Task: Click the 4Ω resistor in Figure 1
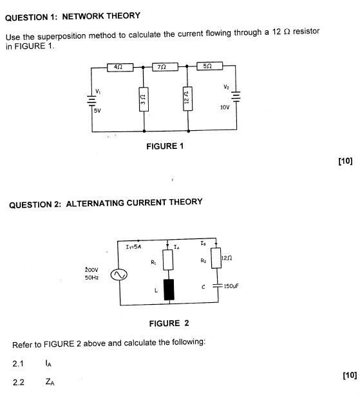click(120, 67)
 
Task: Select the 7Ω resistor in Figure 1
click(165, 67)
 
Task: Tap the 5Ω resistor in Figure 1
click(210, 66)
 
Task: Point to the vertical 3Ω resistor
click(144, 99)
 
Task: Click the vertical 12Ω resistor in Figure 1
click(187, 99)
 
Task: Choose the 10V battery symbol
click(236, 96)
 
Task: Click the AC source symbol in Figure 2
click(119, 275)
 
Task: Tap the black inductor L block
click(169, 289)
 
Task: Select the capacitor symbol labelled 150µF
click(218, 285)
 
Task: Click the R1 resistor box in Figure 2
click(168, 260)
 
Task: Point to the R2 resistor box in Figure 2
click(216, 258)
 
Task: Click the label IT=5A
click(133, 247)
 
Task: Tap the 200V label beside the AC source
click(91, 269)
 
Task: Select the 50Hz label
click(92, 278)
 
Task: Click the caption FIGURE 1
click(165, 146)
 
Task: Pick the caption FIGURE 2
click(169, 324)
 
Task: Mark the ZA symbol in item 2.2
click(50, 382)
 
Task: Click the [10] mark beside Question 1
click(345, 161)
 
